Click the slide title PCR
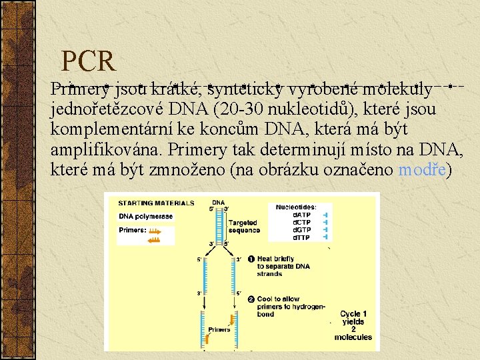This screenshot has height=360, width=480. (89, 61)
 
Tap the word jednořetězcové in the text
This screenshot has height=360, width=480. (101, 109)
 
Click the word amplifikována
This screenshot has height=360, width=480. (106, 149)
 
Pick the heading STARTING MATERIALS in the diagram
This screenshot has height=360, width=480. (157, 203)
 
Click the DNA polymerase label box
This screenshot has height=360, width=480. (145, 216)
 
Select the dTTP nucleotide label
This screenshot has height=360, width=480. (301, 237)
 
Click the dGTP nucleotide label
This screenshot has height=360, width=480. (301, 229)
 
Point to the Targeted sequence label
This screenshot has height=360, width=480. (244, 226)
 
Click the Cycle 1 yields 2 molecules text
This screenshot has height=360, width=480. (353, 325)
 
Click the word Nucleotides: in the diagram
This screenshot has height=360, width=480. (296, 207)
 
